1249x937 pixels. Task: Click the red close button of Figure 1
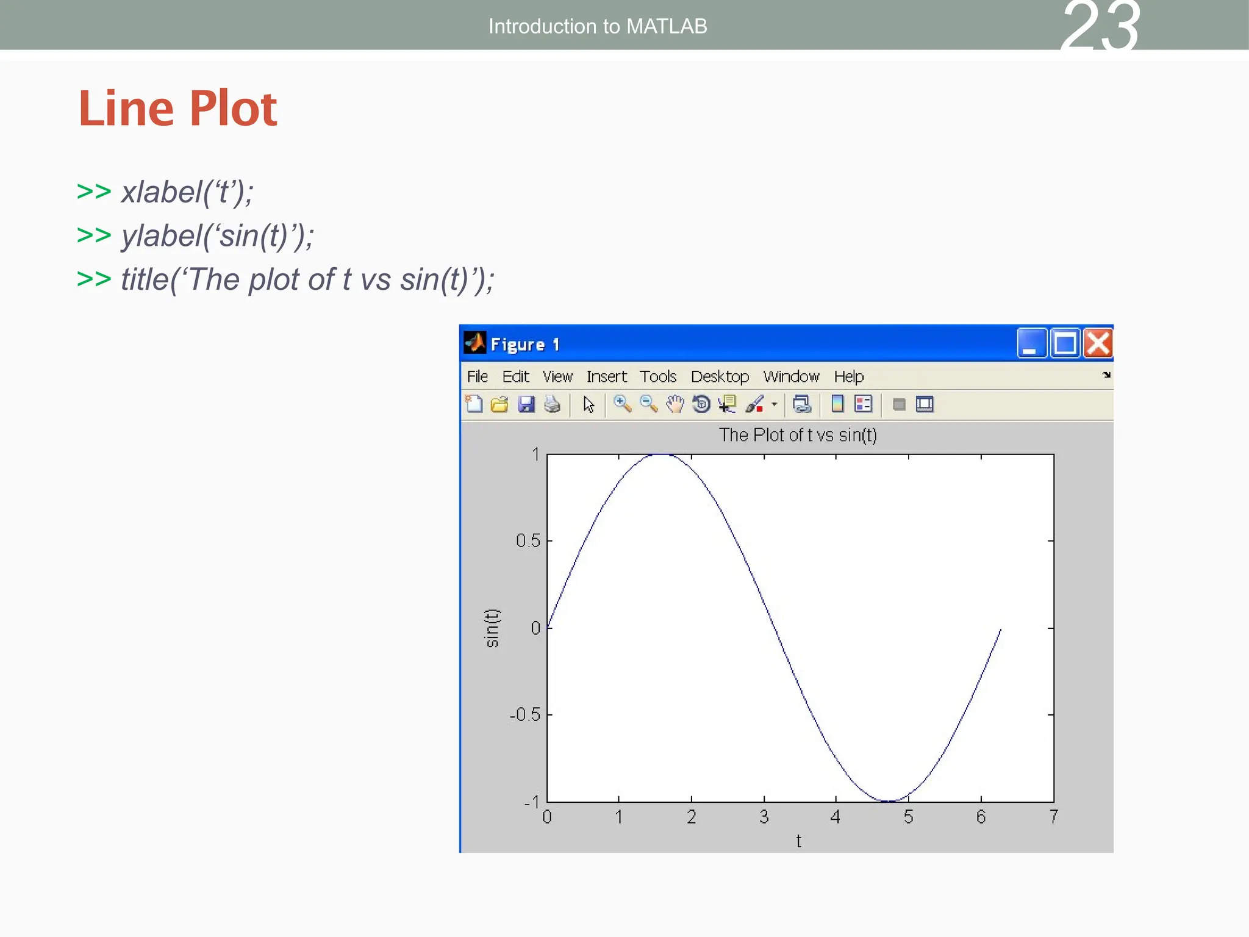coord(1098,343)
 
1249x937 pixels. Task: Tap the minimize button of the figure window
coord(1031,343)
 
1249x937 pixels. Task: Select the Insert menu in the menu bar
coord(606,376)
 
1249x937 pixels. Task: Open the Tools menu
coord(657,376)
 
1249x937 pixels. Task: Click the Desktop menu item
coord(720,376)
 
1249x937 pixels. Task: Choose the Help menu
coord(848,376)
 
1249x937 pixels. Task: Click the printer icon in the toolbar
coord(552,404)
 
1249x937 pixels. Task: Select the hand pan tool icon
coord(675,404)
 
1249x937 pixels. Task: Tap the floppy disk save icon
coord(526,404)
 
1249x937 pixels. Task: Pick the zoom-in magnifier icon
coord(621,404)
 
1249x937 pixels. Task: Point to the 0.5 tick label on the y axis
coord(528,540)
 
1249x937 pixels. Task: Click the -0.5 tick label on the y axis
coord(525,714)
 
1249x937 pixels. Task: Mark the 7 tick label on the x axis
coord(1053,817)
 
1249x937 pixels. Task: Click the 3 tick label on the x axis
coord(764,817)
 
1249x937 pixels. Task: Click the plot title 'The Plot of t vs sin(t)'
coord(798,435)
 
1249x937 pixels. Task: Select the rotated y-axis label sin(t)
coord(492,628)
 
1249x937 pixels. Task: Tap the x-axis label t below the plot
coord(798,841)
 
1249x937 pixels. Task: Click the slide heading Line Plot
coord(178,109)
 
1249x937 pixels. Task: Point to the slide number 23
coord(1100,27)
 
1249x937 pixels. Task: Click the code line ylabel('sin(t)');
coord(217,236)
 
